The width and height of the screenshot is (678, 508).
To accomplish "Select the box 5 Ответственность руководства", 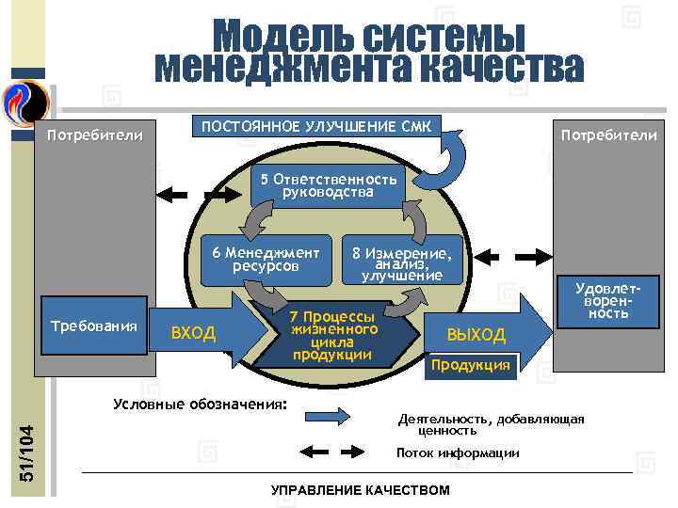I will (x=328, y=185).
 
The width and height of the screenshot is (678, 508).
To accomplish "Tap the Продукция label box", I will (x=471, y=365).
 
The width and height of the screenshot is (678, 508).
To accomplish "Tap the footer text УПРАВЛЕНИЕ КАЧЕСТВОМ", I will (x=361, y=490).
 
